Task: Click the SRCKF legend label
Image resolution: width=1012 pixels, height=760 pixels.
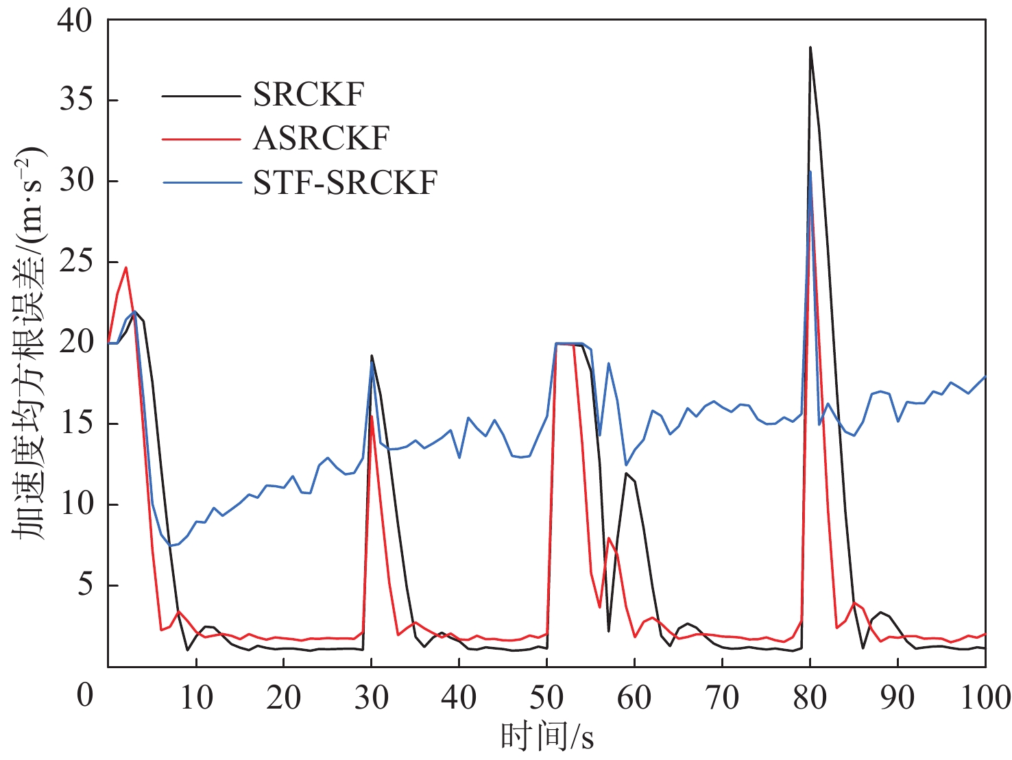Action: (308, 95)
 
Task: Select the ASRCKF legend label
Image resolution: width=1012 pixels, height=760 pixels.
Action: (321, 138)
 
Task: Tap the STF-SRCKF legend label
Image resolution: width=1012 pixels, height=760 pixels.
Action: (345, 182)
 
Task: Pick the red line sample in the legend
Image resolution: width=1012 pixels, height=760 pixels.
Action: (201, 139)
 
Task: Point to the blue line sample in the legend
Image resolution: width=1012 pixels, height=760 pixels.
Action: (201, 183)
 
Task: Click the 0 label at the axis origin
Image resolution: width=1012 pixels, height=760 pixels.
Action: (84, 695)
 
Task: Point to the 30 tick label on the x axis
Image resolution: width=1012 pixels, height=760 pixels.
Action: (371, 698)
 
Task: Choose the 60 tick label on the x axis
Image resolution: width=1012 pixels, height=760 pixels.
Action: (634, 698)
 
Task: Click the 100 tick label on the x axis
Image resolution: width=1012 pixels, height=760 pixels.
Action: (985, 698)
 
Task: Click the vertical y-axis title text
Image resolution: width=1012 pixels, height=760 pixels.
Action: (29, 343)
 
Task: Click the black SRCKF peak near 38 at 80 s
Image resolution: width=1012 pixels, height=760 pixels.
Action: (810, 47)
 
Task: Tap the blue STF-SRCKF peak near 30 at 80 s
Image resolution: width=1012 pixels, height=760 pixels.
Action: (810, 171)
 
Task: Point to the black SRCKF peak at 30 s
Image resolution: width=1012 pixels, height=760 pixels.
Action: (371, 355)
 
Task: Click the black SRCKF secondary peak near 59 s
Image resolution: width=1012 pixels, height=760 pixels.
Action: (626, 473)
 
